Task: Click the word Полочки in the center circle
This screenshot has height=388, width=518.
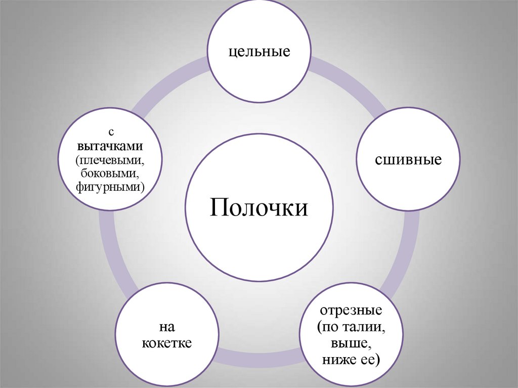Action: tap(259, 208)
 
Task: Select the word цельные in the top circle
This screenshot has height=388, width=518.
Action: tap(259, 52)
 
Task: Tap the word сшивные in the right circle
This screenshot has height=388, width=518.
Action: tap(408, 160)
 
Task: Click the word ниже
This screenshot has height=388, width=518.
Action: tap(340, 360)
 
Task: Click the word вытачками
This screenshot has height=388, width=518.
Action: tap(111, 146)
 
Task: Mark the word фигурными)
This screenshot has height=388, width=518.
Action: tap(111, 187)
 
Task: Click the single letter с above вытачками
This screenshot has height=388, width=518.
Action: tap(111, 133)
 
